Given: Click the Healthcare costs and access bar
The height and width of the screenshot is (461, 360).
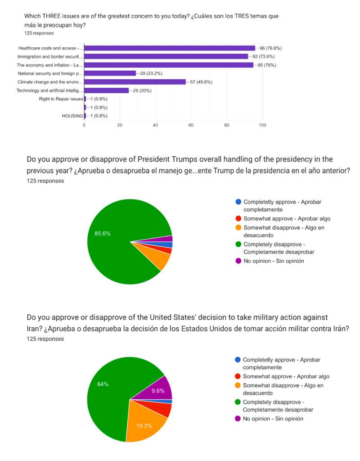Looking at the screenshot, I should (169, 48).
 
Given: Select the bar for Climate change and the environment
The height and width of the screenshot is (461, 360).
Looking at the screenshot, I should (135, 82).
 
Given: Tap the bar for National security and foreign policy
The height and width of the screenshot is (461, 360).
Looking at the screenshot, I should (110, 73).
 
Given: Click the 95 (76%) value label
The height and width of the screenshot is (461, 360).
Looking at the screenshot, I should (273, 65).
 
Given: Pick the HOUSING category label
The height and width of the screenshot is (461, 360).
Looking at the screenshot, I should (72, 116).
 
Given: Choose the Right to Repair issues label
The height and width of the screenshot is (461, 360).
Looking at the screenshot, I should (61, 99).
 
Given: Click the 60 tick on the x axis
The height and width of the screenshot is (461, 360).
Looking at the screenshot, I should (191, 125).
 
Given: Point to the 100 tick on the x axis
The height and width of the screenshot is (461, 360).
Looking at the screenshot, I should (262, 125).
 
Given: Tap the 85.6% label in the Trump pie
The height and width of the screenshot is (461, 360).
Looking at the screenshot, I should (103, 234).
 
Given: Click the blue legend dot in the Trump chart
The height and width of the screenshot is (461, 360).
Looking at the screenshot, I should (238, 202).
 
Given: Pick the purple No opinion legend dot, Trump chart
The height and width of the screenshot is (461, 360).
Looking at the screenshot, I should (238, 261).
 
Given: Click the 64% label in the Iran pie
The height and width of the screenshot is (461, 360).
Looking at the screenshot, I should (103, 384).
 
